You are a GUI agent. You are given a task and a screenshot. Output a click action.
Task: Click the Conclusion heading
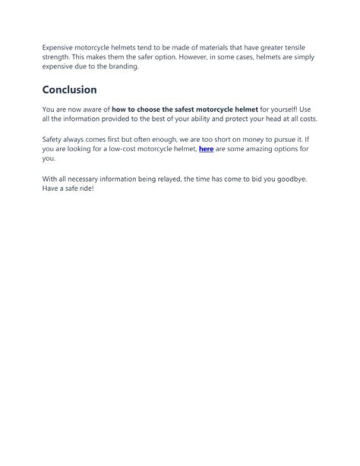click(69, 90)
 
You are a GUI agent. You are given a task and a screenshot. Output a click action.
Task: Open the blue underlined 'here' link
click(206, 149)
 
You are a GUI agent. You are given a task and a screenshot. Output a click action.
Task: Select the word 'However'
click(192, 57)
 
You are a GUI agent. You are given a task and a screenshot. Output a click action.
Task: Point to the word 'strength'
click(55, 57)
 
